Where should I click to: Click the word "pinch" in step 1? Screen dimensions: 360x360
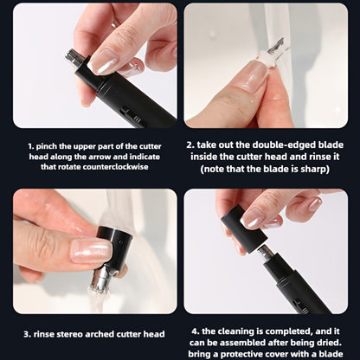click(47, 146)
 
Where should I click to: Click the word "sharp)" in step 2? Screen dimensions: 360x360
click(315, 169)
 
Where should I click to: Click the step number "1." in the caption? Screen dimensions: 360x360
click(31, 146)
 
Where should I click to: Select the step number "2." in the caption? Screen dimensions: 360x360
click(190, 145)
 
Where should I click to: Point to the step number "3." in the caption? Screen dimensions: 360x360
click(28, 334)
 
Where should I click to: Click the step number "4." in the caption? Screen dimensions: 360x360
click(196, 331)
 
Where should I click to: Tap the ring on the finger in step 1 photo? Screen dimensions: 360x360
click(114, 23)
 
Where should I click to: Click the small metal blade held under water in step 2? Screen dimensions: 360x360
click(276, 47)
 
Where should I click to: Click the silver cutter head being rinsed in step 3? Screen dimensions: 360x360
click(100, 280)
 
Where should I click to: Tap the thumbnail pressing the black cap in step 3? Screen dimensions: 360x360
click(92, 251)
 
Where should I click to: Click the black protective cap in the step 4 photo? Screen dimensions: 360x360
click(244, 228)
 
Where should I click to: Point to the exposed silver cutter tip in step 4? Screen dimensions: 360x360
click(265, 254)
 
